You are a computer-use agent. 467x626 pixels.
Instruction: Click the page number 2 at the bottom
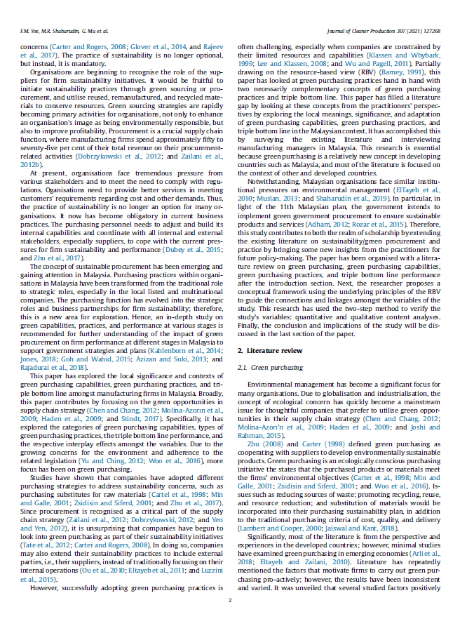(230, 601)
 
